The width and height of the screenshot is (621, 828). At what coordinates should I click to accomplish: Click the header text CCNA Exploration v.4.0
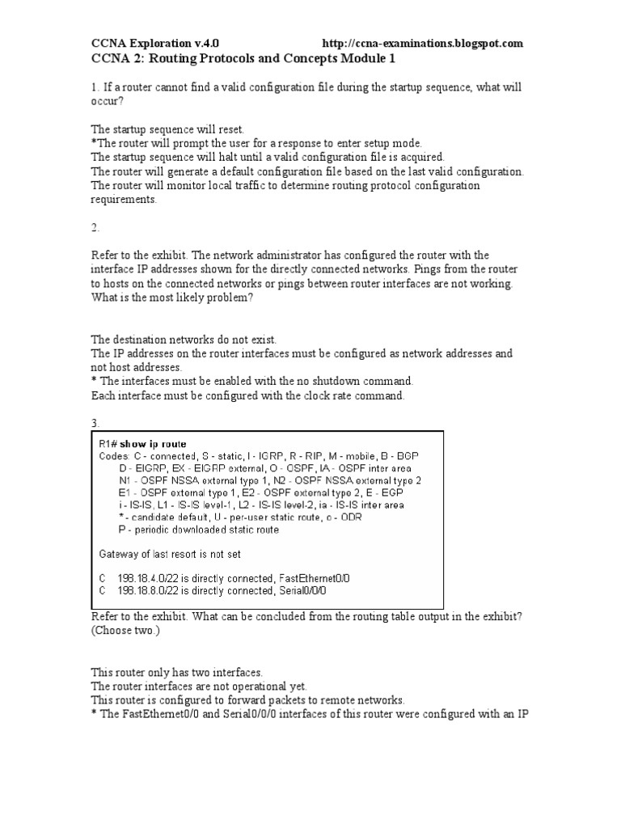154,43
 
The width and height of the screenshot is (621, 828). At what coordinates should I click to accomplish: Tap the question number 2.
94,228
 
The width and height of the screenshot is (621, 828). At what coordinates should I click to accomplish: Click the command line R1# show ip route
142,444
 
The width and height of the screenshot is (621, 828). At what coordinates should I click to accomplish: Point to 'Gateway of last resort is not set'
169,554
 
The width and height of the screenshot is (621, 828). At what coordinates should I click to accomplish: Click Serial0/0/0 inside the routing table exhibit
303,591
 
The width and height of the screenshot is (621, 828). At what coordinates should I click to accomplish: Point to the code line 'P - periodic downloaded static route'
199,530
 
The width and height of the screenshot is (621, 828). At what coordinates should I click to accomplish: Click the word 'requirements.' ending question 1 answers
124,200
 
